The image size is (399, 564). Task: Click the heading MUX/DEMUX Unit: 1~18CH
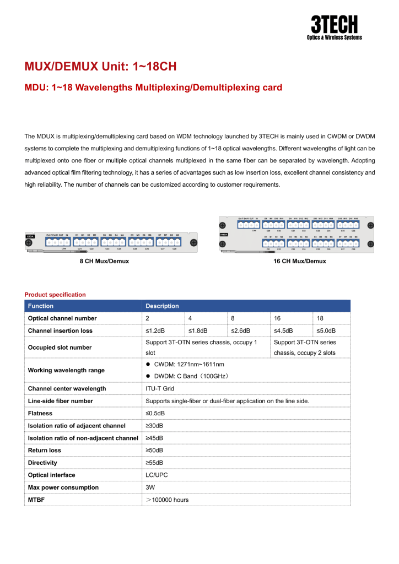click(x=100, y=67)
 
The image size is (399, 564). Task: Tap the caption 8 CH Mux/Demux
click(x=104, y=261)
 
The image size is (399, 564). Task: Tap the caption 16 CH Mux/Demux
click(x=299, y=261)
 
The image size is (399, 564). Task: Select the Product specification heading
click(x=55, y=295)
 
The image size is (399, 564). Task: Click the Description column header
click(x=162, y=306)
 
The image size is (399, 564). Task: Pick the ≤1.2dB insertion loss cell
click(x=155, y=330)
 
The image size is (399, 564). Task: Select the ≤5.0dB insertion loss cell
click(x=326, y=330)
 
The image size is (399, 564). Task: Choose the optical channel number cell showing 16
click(x=277, y=318)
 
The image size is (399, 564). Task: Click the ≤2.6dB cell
click(x=240, y=330)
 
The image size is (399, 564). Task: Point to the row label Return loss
click(x=45, y=451)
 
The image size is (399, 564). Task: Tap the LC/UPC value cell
click(x=157, y=475)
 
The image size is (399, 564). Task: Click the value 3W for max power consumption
click(x=150, y=487)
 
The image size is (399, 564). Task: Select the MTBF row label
click(x=36, y=500)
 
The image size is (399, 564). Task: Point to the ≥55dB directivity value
click(x=154, y=463)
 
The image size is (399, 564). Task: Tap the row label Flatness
click(x=40, y=413)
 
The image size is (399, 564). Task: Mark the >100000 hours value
click(x=167, y=500)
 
